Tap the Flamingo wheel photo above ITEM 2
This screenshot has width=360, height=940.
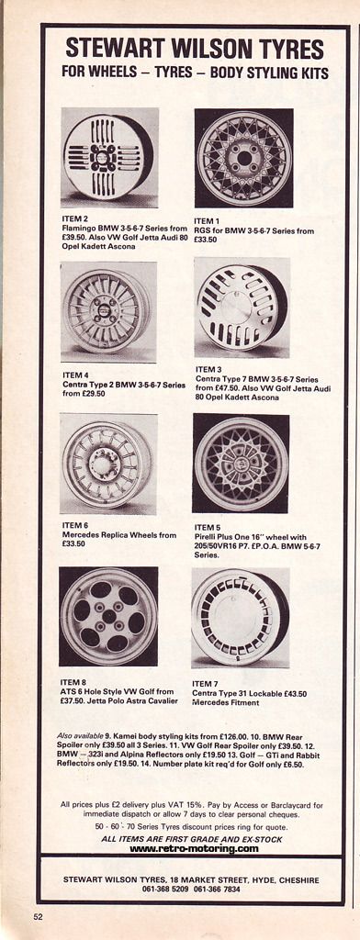[110, 157]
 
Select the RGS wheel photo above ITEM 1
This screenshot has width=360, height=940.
[243, 158]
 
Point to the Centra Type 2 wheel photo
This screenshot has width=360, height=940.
[108, 311]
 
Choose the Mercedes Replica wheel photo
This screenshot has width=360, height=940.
[108, 464]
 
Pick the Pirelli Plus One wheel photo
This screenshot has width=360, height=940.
[242, 463]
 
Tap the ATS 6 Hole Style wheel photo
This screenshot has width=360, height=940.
[108, 616]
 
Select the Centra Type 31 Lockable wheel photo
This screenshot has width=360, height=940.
[241, 618]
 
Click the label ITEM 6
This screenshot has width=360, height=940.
[75, 525]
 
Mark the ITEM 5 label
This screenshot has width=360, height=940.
[208, 527]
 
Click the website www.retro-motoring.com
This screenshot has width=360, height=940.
[194, 849]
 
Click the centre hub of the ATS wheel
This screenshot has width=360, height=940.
[108, 616]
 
